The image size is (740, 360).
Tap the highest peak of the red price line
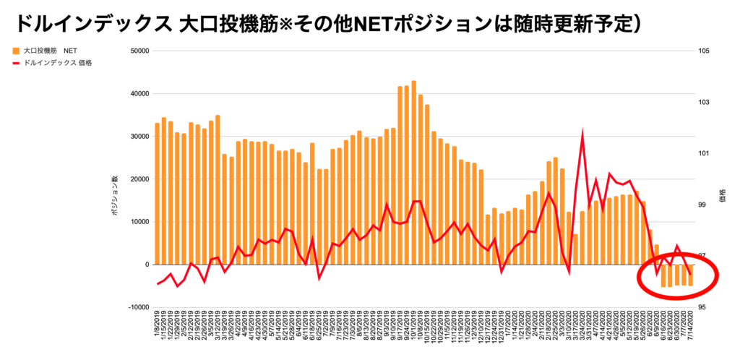click(582, 134)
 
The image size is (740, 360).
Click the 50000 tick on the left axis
click(137, 51)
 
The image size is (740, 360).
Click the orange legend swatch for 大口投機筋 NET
click(16, 51)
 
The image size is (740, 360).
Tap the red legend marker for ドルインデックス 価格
click(16, 63)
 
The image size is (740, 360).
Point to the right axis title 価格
click(722, 195)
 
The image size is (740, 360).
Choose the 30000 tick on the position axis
click(137, 137)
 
